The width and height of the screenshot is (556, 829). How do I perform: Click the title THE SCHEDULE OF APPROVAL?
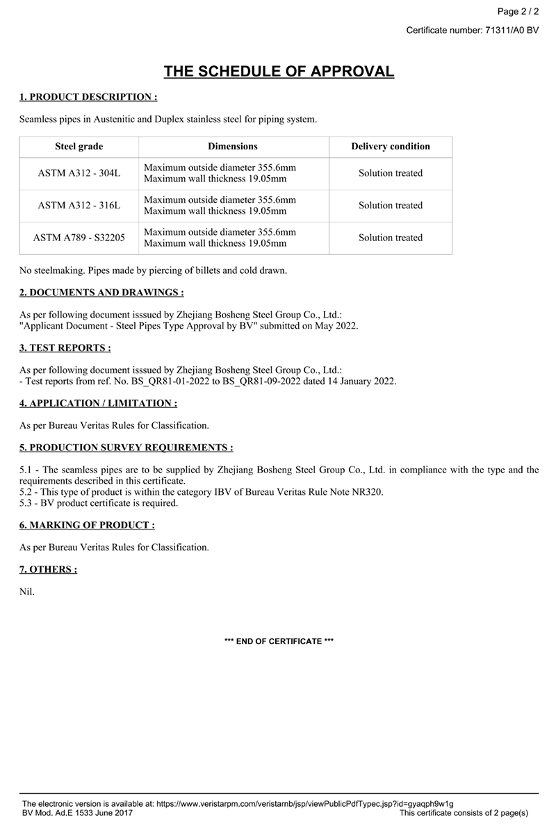pyautogui.click(x=279, y=72)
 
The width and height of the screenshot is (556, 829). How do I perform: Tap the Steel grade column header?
pyautogui.click(x=79, y=147)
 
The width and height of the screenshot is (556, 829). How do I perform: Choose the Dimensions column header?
pyautogui.click(x=233, y=147)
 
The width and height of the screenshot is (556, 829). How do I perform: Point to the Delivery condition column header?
pyautogui.click(x=391, y=147)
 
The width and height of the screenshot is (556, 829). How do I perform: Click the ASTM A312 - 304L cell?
pyautogui.click(x=79, y=173)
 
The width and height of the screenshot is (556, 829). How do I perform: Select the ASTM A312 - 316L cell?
pyautogui.click(x=79, y=206)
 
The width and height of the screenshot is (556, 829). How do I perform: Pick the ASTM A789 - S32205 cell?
pyautogui.click(x=79, y=238)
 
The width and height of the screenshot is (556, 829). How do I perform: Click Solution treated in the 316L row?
pyautogui.click(x=391, y=206)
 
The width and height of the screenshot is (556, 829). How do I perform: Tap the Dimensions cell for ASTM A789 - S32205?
pyautogui.click(x=220, y=238)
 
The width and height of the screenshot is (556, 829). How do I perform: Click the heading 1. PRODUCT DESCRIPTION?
pyautogui.click(x=88, y=97)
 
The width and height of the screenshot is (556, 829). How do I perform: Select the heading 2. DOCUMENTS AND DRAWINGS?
pyautogui.click(x=101, y=293)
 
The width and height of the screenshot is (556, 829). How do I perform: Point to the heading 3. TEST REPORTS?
pyautogui.click(x=65, y=348)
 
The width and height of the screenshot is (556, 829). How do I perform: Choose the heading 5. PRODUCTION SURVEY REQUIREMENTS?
pyautogui.click(x=126, y=448)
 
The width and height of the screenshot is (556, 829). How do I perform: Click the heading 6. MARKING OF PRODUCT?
pyautogui.click(x=87, y=525)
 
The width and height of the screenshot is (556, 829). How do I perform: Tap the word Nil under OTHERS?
pyautogui.click(x=26, y=592)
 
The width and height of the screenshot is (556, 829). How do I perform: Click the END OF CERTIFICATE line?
pyautogui.click(x=279, y=641)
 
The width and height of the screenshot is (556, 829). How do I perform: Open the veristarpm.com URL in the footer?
pyautogui.click(x=304, y=803)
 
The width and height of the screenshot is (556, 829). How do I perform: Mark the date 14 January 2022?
pyautogui.click(x=362, y=381)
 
